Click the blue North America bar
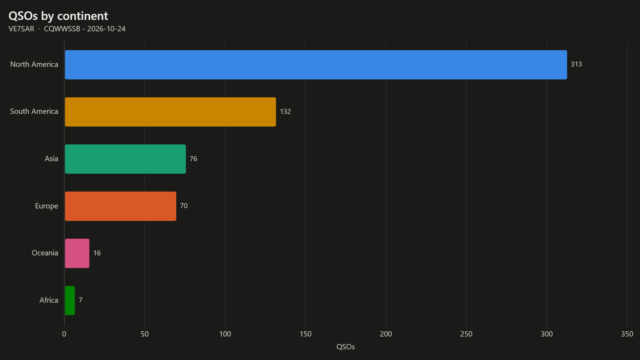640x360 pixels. (316, 65)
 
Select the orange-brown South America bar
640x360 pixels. (170, 112)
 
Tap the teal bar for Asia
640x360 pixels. (125, 159)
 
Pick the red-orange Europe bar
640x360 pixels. (121, 206)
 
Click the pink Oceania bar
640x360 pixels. (77, 253)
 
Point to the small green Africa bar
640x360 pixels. (70, 301)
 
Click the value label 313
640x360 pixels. (576, 64)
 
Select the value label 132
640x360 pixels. (286, 112)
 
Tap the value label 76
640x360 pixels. (193, 159)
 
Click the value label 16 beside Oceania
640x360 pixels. (97, 253)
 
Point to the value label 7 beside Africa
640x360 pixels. (81, 300)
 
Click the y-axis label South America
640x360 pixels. (34, 111)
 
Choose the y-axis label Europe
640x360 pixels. (47, 206)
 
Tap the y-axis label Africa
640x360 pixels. (49, 300)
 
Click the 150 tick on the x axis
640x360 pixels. (305, 334)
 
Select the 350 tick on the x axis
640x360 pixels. (627, 334)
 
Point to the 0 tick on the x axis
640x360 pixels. (64, 334)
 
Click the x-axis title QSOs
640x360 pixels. (346, 347)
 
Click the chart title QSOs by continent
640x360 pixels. (58, 16)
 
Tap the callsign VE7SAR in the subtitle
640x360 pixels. (21, 29)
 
